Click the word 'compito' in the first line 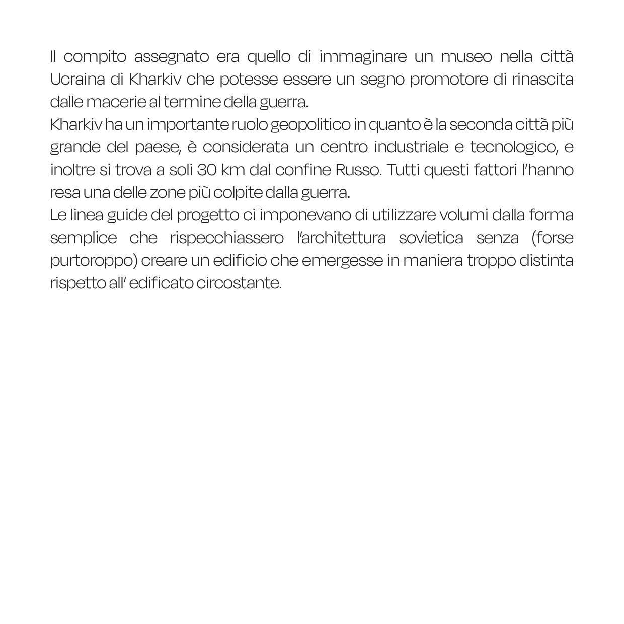[x=95, y=57]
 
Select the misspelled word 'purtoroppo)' [x=94, y=261]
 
